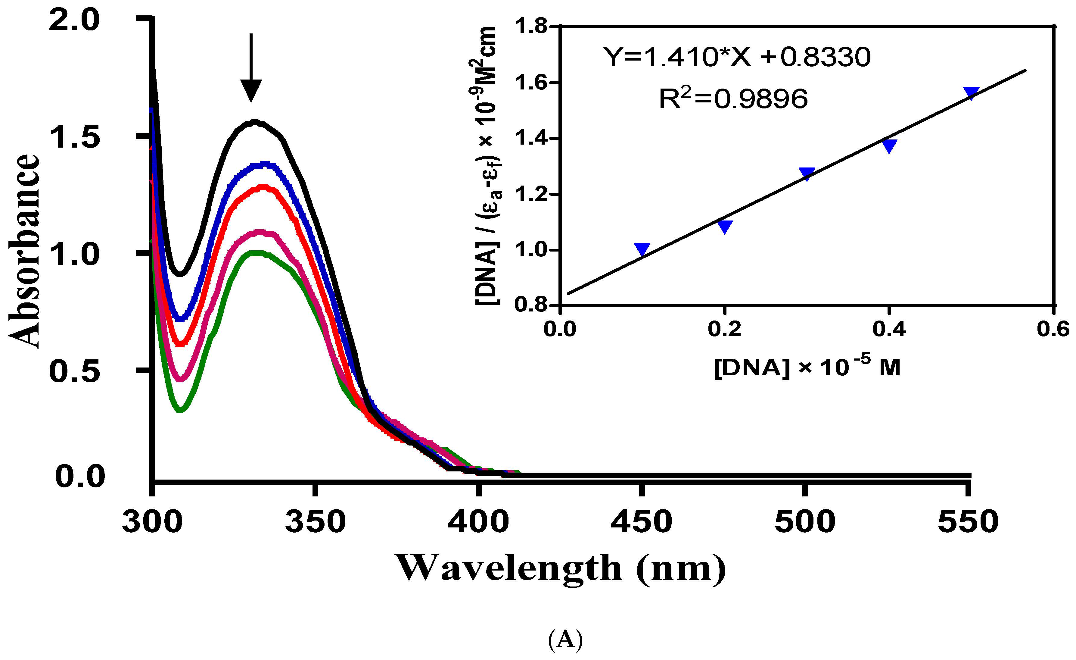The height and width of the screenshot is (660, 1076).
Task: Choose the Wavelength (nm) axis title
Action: pyautogui.click(x=561, y=568)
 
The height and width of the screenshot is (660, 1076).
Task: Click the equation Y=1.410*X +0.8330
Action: pyautogui.click(x=737, y=57)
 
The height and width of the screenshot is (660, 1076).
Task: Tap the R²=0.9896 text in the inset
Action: pyautogui.click(x=733, y=99)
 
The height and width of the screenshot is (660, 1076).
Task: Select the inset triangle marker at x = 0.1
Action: pyautogui.click(x=642, y=249)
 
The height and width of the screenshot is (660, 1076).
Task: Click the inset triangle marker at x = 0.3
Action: pyautogui.click(x=807, y=174)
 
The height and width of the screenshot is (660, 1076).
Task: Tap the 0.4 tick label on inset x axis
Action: pyautogui.click(x=889, y=328)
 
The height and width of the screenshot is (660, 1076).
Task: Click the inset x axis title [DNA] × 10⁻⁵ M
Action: pyautogui.click(x=807, y=367)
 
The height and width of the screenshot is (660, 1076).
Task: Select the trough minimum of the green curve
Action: pyautogui.click(x=180, y=409)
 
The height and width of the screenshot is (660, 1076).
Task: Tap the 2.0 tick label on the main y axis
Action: pyautogui.click(x=75, y=20)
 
